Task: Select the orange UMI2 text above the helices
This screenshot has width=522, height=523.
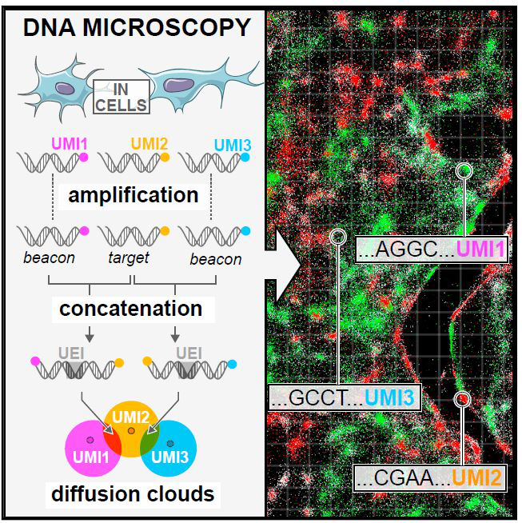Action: coord(149,145)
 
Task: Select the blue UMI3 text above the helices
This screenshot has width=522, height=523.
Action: coord(233,145)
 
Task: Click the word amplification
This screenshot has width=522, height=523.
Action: coord(133,194)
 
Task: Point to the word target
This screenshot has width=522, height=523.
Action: coord(130,258)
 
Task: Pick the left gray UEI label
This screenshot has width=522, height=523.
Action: coord(74,351)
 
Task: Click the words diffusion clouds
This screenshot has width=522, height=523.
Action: coord(133,493)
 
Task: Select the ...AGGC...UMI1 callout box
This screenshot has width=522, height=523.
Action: coord(432,250)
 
